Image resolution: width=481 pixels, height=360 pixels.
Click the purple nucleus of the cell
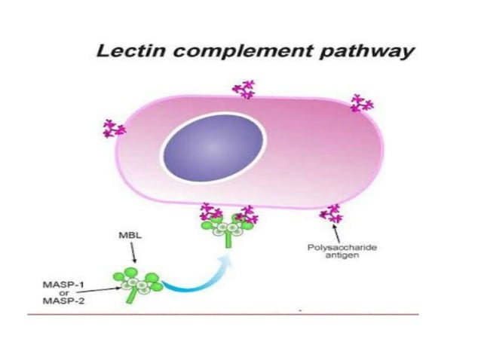click(x=215, y=147)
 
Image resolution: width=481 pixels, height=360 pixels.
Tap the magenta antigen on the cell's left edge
click(x=114, y=128)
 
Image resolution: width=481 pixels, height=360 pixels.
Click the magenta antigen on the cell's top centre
click(x=243, y=89)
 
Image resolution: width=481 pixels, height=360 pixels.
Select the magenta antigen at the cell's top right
click(x=361, y=102)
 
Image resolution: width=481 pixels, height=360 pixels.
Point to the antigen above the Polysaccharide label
click(x=329, y=214)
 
